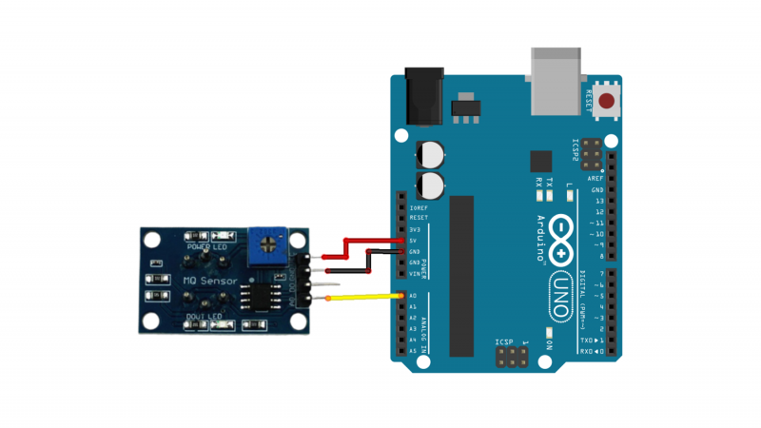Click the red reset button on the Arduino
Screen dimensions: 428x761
(x=606, y=101)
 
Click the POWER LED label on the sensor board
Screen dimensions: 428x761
(x=206, y=247)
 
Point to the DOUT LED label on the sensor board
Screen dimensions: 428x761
(x=204, y=316)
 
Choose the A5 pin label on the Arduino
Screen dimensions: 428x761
(x=412, y=350)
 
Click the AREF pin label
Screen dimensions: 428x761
(x=595, y=178)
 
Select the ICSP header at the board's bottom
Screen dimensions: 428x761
(x=512, y=357)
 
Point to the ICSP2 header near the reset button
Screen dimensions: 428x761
(x=592, y=151)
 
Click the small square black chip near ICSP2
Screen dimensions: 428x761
(x=540, y=161)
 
